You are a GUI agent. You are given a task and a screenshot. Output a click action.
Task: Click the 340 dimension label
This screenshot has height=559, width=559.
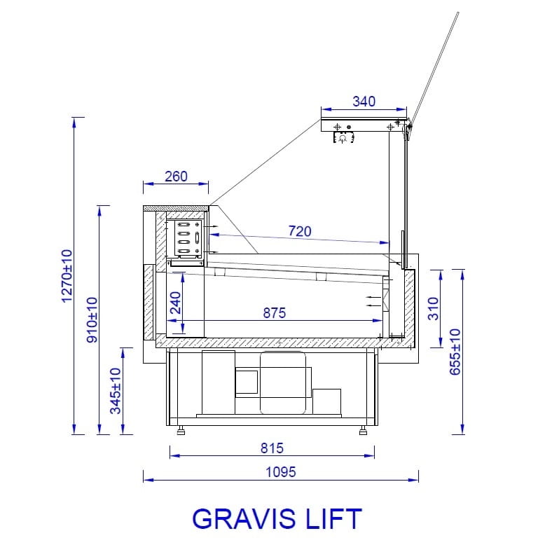[364, 102]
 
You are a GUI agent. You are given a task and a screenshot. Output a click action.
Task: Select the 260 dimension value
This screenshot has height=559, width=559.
[176, 177]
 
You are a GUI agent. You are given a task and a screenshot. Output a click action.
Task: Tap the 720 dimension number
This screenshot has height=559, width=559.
[300, 231]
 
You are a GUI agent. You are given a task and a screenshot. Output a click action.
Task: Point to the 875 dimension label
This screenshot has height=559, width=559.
[274, 313]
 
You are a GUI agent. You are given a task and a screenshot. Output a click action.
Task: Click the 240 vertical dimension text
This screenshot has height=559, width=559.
[175, 303]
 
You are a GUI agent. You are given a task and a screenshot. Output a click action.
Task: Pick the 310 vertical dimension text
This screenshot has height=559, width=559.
[433, 309]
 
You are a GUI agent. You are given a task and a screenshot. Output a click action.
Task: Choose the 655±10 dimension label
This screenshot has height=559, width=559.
[455, 352]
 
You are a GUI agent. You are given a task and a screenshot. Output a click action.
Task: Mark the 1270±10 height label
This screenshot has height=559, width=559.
[67, 276]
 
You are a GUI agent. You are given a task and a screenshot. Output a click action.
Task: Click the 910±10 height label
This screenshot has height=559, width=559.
[92, 320]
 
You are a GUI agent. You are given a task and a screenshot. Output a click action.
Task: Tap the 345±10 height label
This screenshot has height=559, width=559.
[116, 391]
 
